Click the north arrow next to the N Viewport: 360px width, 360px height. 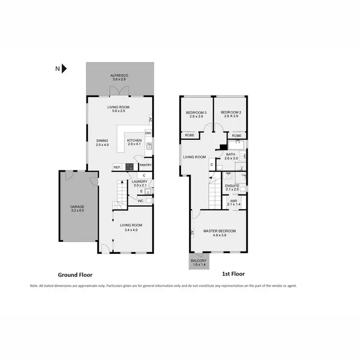(x=64, y=69)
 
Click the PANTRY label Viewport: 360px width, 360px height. (x=145, y=166)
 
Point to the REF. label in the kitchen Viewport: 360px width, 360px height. (x=117, y=167)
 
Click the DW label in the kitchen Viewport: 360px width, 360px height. (x=148, y=133)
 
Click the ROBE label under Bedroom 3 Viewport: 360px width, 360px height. (x=190, y=136)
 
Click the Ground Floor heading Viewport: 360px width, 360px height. (x=75, y=275)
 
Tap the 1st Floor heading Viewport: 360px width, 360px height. (x=233, y=274)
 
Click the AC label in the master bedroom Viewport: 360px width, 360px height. (x=192, y=233)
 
